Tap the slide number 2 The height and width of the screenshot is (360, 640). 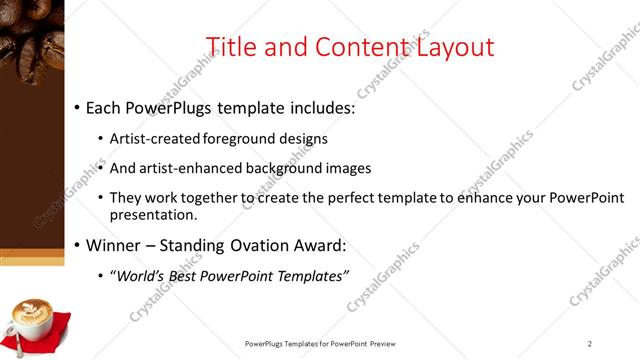coord(590,344)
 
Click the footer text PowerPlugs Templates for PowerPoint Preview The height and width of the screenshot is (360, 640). coord(320,344)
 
